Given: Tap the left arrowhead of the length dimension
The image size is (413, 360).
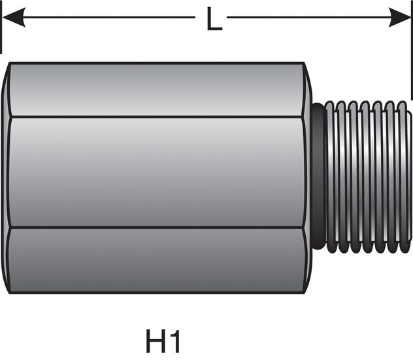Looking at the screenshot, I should [13, 18].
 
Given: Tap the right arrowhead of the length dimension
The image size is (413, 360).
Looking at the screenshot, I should [400, 18].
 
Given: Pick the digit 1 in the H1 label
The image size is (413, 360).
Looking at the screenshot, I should [174, 342].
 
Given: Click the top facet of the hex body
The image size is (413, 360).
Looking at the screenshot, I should [157, 90].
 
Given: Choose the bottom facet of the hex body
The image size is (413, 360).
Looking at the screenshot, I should [157, 260].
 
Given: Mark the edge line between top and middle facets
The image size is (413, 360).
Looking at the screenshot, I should [157, 117].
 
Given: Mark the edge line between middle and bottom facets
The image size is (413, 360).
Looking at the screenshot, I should [157, 227].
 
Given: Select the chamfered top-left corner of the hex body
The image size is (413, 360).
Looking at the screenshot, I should [7, 69].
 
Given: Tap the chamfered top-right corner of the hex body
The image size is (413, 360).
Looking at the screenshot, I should [307, 69].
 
